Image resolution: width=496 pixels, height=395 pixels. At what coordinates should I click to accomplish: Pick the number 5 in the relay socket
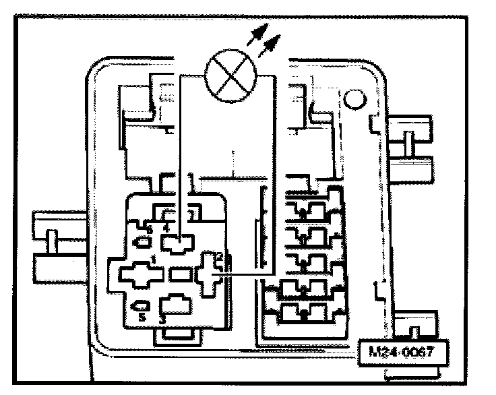click(x=142, y=317)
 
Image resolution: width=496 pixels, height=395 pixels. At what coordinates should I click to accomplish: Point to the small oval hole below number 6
click(x=144, y=241)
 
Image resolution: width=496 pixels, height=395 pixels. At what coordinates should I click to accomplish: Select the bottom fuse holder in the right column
click(x=305, y=312)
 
